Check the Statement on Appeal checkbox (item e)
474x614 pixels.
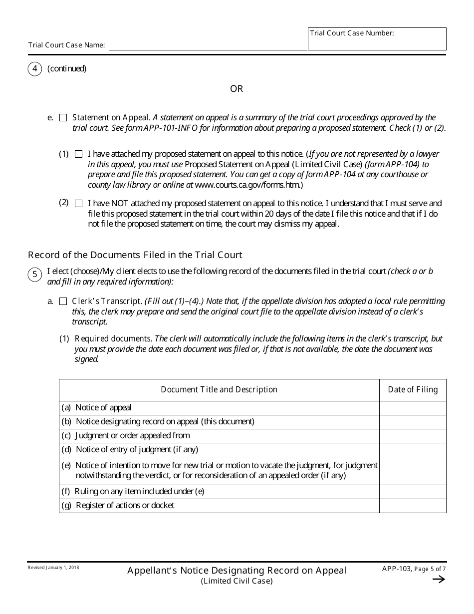(63, 118)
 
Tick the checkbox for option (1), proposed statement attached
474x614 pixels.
(79, 154)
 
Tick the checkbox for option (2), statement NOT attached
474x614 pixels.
(79, 204)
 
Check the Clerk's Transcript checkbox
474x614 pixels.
(63, 302)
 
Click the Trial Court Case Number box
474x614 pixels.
(377, 41)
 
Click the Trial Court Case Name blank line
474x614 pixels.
(208, 45)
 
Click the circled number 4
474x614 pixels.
(34, 69)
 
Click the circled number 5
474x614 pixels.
(34, 275)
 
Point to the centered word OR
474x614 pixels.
(237, 89)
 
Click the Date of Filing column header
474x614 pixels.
(413, 390)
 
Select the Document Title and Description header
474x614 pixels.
(219, 390)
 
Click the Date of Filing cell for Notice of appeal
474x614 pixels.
(413, 408)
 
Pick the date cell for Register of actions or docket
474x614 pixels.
(413, 506)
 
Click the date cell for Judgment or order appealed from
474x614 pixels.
(413, 436)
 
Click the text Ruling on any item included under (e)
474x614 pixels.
(133, 492)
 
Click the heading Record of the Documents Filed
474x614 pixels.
(135, 255)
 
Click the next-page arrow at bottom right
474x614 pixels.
(438, 580)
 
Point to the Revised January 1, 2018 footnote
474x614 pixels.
(53, 568)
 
